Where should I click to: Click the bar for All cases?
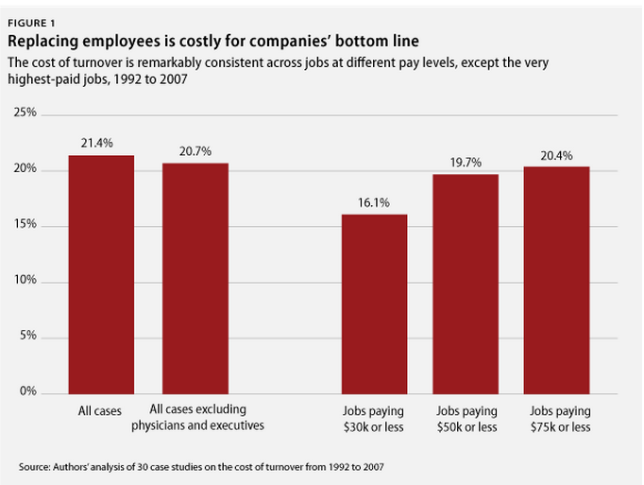[x=101, y=274]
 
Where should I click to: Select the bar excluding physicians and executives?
[x=195, y=278]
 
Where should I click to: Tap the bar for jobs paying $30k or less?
[x=374, y=303]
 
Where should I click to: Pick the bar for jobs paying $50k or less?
[x=466, y=284]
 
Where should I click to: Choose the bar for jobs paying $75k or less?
[x=557, y=280]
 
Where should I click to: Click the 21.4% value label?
[x=98, y=143]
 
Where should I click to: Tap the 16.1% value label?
[x=374, y=202]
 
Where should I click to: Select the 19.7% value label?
[x=466, y=162]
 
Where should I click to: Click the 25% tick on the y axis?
[x=26, y=113]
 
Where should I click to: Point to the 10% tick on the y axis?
[x=26, y=282]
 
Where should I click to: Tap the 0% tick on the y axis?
[x=28, y=392]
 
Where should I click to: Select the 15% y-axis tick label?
[x=26, y=226]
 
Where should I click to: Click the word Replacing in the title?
[x=43, y=42]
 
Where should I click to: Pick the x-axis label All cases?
[x=98, y=411]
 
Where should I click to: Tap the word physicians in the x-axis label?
[x=177, y=426]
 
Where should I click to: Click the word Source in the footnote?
[x=34, y=467]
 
